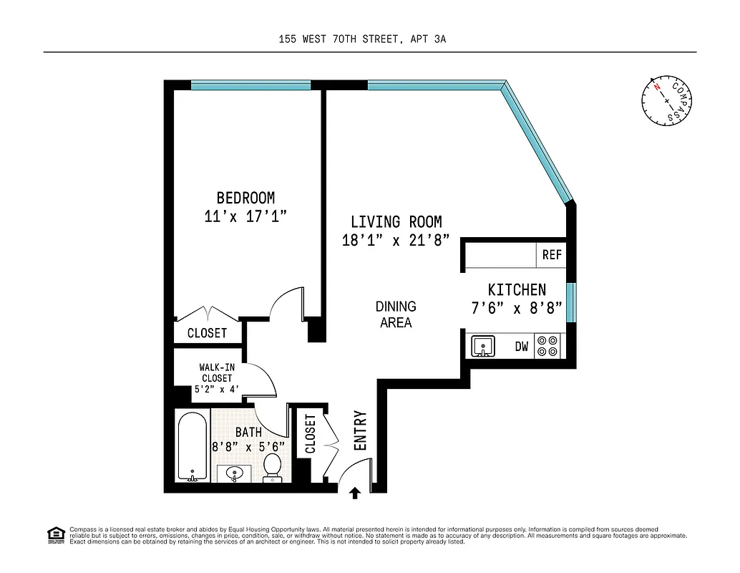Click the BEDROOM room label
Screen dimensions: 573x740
coord(245,198)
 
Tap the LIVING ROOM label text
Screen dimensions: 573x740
coord(396,222)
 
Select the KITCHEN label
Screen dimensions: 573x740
coord(516,289)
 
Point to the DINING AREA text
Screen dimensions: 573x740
coord(396,314)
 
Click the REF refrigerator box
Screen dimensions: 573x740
coord(551,255)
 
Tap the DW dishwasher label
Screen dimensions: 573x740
coord(522,347)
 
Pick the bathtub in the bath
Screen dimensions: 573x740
coord(192,448)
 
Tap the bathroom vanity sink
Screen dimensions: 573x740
coord(234,473)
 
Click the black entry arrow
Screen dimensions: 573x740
coord(355,492)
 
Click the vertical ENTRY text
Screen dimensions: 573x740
coord(361,430)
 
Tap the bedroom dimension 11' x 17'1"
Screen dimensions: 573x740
coord(245,216)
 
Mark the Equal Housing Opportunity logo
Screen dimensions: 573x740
coord(55,534)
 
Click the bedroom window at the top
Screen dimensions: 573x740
coord(250,85)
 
